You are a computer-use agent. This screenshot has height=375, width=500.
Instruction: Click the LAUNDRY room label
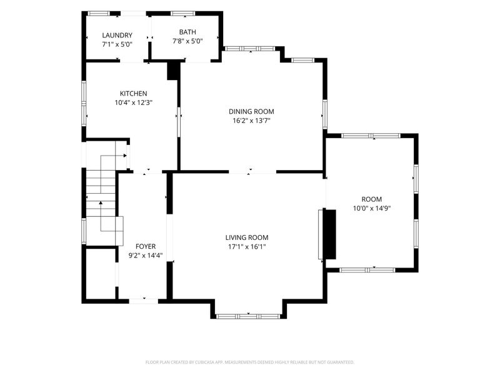[x=117, y=36]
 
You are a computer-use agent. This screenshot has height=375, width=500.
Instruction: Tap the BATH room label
[x=187, y=32]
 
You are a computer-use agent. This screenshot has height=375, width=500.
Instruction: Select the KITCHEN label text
[x=133, y=94]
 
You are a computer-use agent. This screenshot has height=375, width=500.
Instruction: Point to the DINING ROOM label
[x=251, y=112]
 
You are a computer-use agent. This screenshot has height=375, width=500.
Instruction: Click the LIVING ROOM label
[x=247, y=237]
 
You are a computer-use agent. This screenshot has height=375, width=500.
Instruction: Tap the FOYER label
[x=146, y=246]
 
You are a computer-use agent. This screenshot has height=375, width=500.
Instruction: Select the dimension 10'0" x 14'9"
[x=372, y=209]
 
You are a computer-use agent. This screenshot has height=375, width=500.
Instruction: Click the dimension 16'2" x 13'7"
[x=251, y=121]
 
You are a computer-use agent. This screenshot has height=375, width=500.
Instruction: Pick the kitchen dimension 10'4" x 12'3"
[x=134, y=102]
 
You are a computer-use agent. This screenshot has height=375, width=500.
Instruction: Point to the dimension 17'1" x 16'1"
[x=247, y=246]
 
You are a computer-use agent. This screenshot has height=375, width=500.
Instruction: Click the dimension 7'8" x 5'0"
[x=187, y=41]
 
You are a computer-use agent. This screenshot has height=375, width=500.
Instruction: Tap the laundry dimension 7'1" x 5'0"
[x=117, y=44]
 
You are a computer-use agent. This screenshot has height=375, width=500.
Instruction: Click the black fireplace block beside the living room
[x=330, y=234]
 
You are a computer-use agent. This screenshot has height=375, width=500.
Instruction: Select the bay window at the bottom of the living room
[x=248, y=317]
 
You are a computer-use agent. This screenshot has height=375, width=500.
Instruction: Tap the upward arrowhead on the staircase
[x=101, y=202]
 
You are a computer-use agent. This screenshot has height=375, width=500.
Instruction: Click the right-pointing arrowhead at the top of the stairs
[x=126, y=156]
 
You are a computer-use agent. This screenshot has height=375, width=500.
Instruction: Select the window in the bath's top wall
[x=182, y=13]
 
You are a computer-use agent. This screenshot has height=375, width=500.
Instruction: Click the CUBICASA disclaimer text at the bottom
[x=249, y=362]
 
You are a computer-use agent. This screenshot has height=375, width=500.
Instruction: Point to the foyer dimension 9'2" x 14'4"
[x=146, y=256]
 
